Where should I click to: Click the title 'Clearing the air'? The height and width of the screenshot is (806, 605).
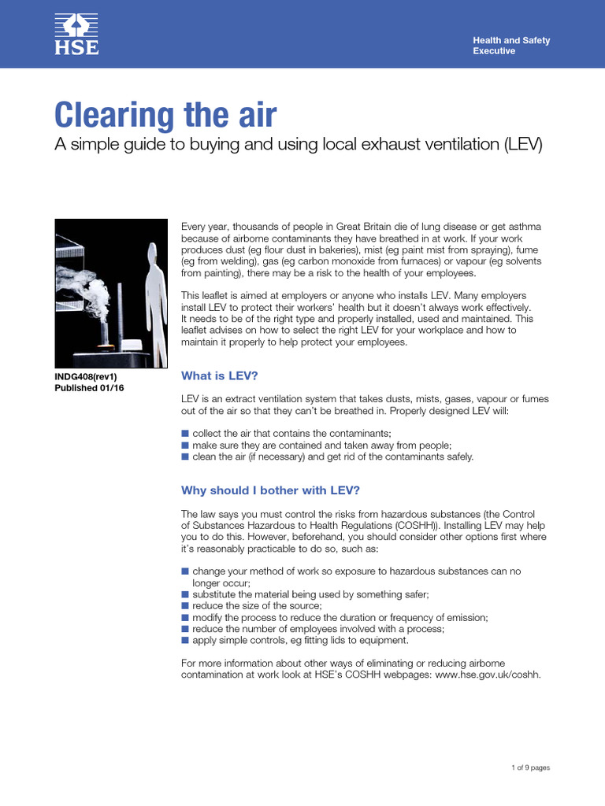(165, 116)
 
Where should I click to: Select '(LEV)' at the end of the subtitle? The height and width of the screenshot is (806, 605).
(522, 146)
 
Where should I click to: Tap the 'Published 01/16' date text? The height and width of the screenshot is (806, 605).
(88, 388)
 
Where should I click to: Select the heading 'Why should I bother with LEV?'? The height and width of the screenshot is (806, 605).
(270, 490)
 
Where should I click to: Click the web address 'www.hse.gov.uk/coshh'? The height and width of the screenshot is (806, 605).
(488, 675)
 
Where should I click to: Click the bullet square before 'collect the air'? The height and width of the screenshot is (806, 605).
(185, 434)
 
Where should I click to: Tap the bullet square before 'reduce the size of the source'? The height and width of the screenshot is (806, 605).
(185, 606)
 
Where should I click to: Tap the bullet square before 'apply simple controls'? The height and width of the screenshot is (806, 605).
(185, 641)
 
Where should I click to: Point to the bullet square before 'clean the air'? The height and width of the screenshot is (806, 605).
(185, 457)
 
